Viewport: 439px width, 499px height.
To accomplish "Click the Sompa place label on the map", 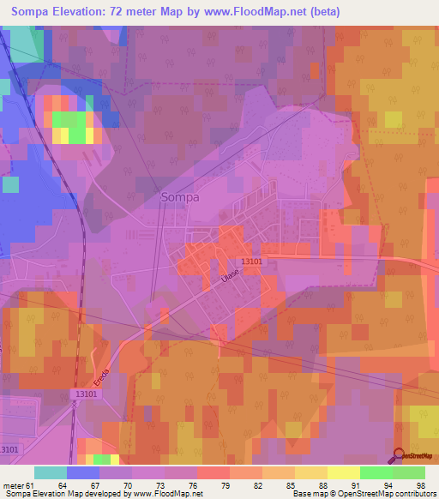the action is click(180, 197).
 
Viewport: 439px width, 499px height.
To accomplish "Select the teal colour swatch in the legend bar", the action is click(50, 472).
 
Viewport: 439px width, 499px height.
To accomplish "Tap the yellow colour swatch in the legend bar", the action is click(343, 472).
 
